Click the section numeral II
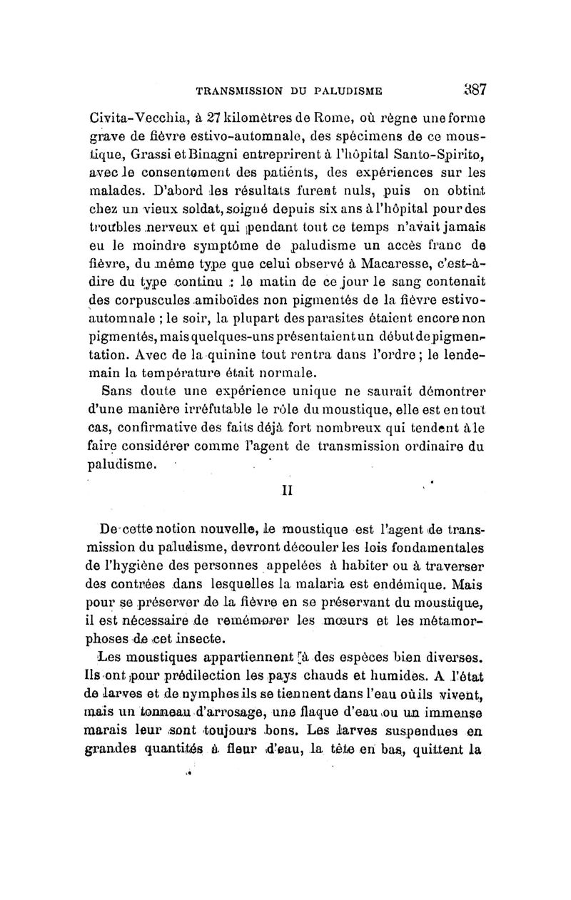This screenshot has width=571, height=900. tap(285, 491)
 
